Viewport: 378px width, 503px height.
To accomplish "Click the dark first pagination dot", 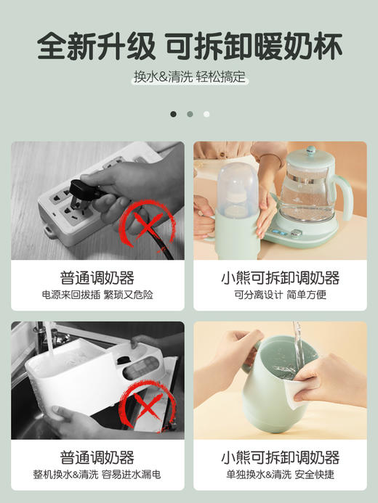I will coord(173,114).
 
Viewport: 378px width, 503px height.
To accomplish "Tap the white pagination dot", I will coord(206,114).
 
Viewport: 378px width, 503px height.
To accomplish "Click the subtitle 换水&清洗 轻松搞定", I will coord(189,78).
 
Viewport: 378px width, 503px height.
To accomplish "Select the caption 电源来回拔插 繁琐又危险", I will coord(97,295).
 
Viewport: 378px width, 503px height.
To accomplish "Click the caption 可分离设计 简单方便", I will coord(280,295).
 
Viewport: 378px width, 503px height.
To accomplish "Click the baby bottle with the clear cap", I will coord(236,200).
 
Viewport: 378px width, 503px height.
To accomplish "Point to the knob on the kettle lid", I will coord(310,152).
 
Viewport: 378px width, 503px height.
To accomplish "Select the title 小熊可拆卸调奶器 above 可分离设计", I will coord(280,278).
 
